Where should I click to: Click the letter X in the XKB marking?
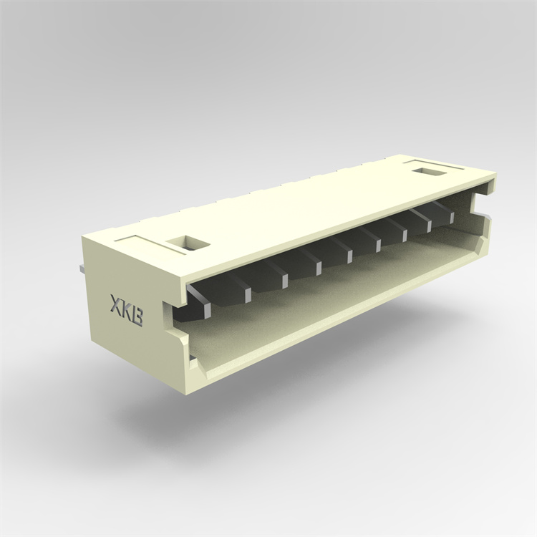click(117, 304)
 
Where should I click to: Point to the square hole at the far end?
click(430, 171)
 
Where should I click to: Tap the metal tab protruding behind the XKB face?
click(81, 268)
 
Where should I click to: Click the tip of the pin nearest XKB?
click(207, 309)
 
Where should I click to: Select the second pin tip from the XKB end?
click(248, 295)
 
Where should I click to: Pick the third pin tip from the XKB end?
click(284, 281)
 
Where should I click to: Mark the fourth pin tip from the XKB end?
click(319, 268)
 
